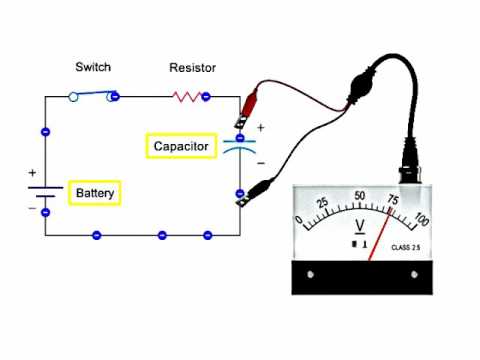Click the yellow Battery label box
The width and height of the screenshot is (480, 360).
[94, 192]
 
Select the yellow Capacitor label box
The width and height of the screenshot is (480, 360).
[181, 146]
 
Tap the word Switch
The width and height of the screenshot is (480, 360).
[93, 67]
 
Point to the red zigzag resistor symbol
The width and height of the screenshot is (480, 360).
[188, 97]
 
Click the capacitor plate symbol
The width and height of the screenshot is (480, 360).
[239, 147]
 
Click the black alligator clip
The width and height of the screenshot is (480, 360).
[256, 187]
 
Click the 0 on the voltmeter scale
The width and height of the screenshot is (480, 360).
[299, 221]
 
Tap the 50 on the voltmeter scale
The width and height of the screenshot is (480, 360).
[360, 196]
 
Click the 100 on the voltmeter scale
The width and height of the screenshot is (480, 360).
[421, 220]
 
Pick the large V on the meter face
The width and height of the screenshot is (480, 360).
[360, 223]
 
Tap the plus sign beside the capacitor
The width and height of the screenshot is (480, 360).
[261, 128]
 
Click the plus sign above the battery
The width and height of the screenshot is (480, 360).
[31, 172]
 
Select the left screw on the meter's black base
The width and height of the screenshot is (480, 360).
[310, 274]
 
